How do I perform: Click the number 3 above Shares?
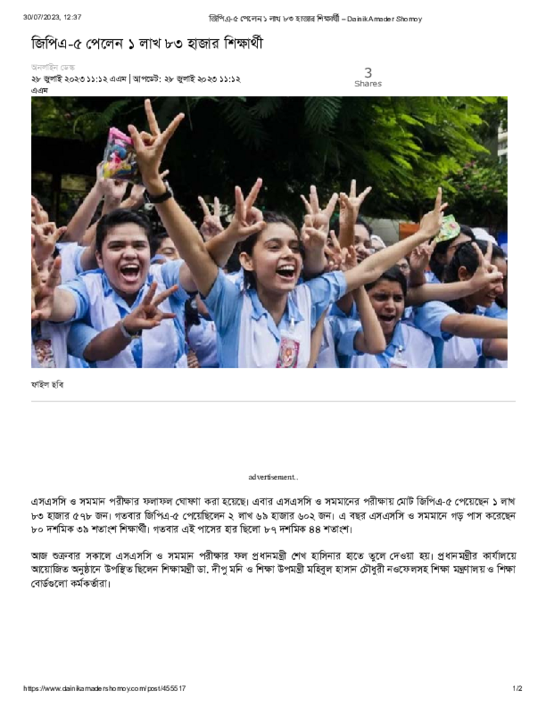click(x=368, y=72)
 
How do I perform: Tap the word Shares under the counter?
click(x=368, y=84)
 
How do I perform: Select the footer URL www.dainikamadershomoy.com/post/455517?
click(x=104, y=688)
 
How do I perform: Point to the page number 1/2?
click(x=517, y=688)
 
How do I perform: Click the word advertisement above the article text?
click(x=273, y=477)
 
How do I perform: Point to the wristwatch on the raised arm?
click(x=159, y=194)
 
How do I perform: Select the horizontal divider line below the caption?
click(x=273, y=401)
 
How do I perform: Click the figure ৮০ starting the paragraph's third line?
click(x=37, y=529)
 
